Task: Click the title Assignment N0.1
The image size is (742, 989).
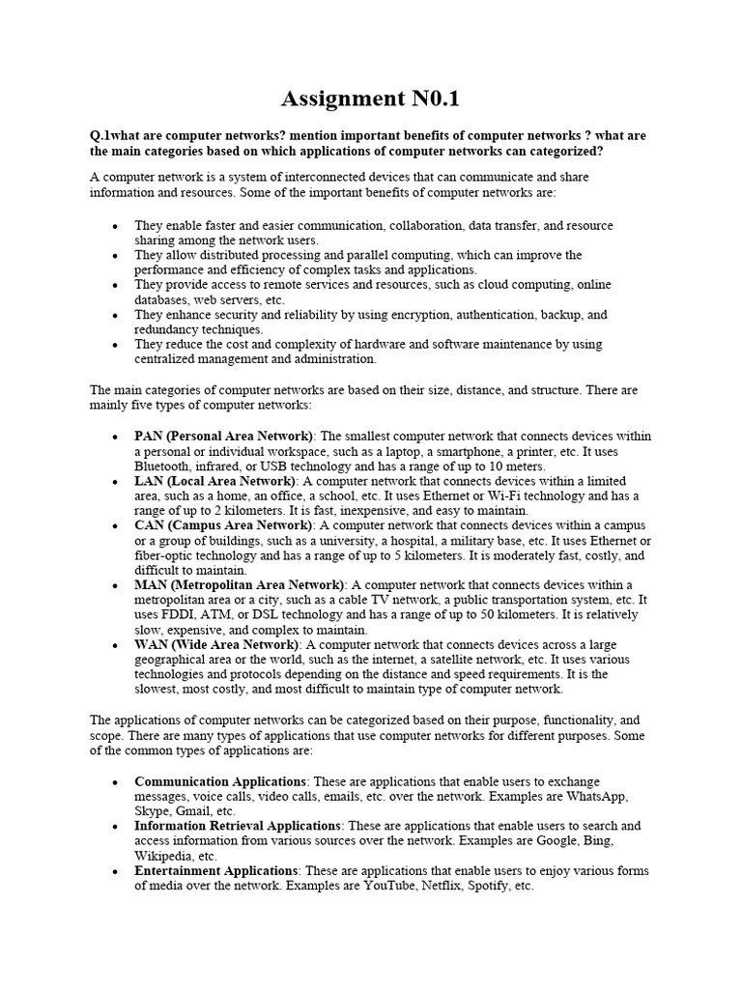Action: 371,99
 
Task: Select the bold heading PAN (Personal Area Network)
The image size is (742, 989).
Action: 224,437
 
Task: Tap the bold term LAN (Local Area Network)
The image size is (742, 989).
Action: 214,481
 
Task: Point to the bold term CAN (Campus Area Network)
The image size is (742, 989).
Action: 224,525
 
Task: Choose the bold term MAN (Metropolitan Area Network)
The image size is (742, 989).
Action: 240,585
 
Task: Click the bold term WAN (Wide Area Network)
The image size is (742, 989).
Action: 217,644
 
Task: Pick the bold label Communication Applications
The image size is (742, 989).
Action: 221,781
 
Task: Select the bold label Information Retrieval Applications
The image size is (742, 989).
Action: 238,826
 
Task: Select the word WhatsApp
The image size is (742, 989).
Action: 594,797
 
